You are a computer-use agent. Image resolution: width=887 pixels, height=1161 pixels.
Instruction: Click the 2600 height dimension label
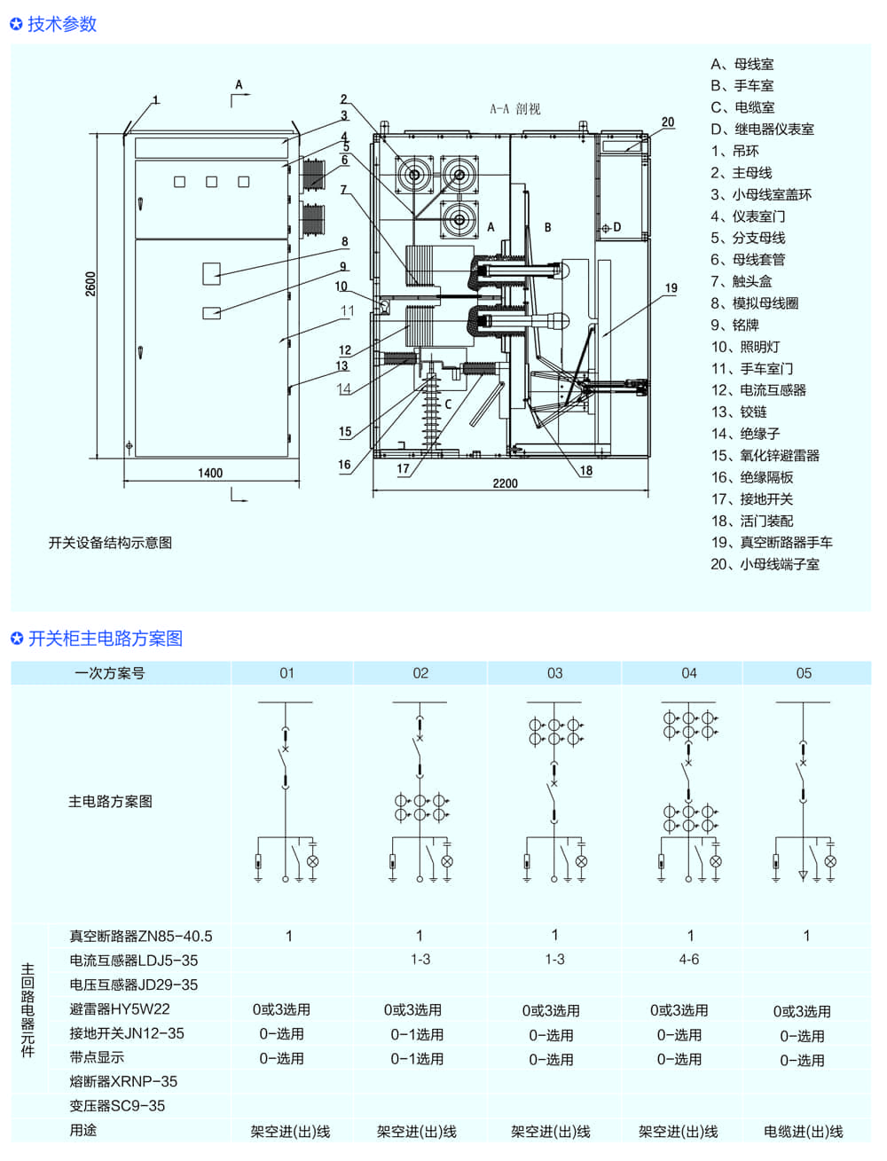coord(90,284)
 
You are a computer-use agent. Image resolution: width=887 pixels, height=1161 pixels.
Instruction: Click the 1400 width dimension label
coord(210,473)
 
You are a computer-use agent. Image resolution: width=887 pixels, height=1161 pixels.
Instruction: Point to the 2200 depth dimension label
coord(505,483)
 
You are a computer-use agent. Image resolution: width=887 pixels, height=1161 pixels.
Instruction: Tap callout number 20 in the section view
coord(668,122)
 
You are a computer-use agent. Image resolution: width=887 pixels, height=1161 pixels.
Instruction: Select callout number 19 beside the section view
coord(671,288)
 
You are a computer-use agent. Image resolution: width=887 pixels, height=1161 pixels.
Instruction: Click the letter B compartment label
coord(547,228)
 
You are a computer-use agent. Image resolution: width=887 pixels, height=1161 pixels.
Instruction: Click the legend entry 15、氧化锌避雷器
coord(765,455)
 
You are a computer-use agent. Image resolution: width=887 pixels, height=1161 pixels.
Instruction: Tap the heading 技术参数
coord(61,24)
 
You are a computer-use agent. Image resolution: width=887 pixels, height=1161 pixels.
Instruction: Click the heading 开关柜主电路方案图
coord(105,639)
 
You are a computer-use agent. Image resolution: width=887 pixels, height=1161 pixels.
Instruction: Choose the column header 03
coord(554,673)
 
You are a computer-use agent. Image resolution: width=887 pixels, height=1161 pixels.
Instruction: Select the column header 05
coord(804,673)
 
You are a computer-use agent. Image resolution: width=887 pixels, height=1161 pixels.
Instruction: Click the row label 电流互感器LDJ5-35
coord(134,961)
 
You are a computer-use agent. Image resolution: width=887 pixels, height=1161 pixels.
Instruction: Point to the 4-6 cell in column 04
coord(689,960)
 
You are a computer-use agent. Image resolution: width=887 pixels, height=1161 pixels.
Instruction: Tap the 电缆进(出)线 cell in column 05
coord(804,1132)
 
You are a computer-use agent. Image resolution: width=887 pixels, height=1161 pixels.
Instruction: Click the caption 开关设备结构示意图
coord(110,543)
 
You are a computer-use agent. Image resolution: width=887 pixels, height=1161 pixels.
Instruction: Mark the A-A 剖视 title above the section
coord(514,109)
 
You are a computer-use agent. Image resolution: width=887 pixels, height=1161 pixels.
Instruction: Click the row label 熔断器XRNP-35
coord(123,1081)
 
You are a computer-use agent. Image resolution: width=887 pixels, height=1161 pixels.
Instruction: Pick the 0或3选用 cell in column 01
coord(281,1009)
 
